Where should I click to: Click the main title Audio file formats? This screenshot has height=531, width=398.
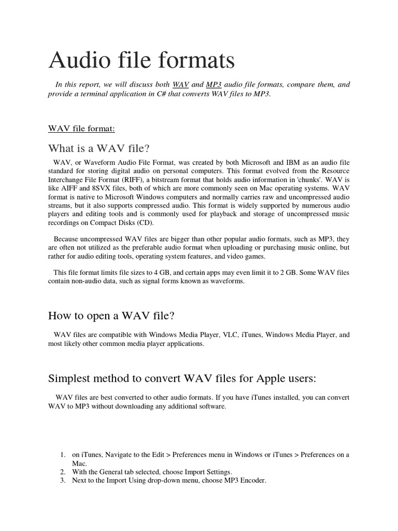pyautogui.click(x=141, y=61)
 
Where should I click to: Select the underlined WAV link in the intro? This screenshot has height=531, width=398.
pyautogui.click(x=180, y=85)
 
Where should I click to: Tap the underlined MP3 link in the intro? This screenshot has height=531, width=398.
pyautogui.click(x=214, y=85)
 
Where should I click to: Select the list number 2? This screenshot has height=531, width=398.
pyautogui.click(x=62, y=471)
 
